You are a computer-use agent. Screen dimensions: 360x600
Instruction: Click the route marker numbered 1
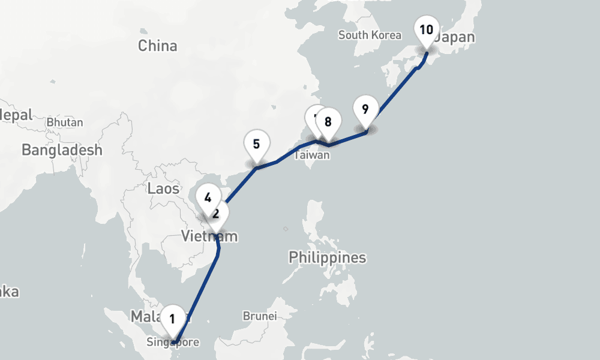173,317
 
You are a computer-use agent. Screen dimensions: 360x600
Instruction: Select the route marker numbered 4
208,197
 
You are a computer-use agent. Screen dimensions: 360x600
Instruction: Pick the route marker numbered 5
256,144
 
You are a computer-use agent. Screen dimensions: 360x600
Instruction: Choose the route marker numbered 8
328,122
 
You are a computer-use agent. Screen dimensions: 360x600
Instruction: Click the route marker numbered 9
365,109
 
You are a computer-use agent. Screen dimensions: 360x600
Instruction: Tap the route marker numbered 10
426,30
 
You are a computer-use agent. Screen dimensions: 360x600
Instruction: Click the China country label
157,46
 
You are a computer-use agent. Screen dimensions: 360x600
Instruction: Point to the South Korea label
370,35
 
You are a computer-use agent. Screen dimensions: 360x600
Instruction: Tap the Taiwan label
312,155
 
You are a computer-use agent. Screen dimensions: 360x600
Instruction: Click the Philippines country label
327,257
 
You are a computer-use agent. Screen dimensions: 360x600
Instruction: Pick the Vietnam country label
209,236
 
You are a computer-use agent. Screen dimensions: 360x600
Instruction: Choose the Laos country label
163,188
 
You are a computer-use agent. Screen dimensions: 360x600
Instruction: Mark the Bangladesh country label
62,149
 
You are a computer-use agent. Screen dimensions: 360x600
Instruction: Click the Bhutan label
65,122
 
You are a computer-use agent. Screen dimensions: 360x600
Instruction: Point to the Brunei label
260,316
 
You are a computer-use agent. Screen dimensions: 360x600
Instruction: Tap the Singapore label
173,343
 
